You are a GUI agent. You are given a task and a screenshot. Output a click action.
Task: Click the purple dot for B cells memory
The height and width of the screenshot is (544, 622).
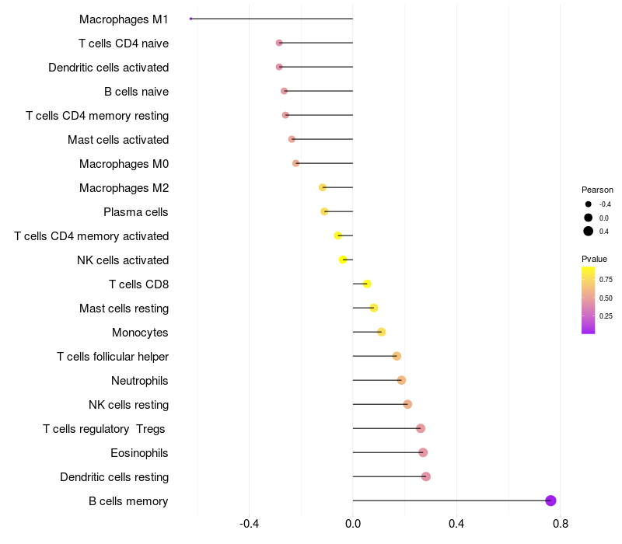coord(550,500)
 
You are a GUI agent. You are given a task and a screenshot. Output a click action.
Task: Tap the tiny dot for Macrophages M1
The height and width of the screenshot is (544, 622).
coord(190,19)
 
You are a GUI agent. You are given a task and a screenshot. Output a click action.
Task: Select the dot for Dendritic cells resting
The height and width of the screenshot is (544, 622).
coord(425,476)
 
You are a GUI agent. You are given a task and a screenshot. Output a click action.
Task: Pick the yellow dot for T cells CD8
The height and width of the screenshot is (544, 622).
coord(367,284)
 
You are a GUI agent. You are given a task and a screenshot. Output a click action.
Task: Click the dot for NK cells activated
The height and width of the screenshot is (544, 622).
coord(343,260)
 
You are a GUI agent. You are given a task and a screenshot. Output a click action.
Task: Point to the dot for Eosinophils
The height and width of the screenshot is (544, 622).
coord(423,452)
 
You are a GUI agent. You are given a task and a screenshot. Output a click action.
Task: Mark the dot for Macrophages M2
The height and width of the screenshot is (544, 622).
coord(323,187)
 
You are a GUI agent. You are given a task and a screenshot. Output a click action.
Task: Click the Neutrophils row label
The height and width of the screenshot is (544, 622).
coord(140,381)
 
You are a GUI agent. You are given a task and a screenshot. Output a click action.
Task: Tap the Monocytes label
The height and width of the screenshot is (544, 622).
coord(140,333)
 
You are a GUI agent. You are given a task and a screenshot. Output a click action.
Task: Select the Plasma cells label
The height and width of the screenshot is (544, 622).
coord(136,212)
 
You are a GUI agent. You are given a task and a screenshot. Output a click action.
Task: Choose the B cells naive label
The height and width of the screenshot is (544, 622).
coord(136,92)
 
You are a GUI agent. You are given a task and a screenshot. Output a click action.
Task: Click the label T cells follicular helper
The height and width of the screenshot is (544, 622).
coord(113,357)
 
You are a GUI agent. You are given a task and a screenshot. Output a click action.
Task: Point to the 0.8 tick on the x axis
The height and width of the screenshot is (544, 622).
coord(560,524)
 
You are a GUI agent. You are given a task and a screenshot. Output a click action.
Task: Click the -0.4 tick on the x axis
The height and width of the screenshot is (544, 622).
coord(249,524)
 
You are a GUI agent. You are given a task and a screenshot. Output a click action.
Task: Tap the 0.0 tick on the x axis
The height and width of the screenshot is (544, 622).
coord(352,524)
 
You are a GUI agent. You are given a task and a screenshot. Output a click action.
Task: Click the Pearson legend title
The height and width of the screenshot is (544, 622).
coord(597,190)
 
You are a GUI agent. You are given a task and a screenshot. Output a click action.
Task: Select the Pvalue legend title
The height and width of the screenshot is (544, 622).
coord(594,259)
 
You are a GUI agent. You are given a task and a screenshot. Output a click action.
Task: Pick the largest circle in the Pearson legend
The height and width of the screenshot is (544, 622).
coord(589,231)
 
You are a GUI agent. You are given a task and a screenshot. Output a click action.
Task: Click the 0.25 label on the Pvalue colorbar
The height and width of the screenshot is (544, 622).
coord(606,316)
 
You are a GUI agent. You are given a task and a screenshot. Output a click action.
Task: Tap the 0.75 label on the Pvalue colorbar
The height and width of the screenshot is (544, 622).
coord(606,279)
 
